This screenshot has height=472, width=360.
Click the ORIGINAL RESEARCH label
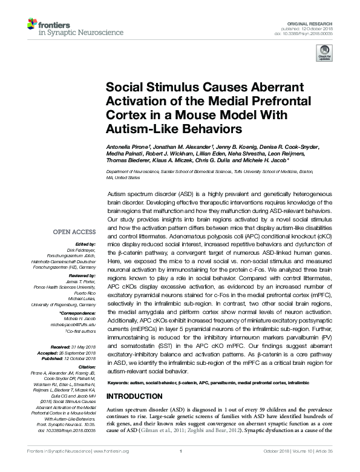coord(314,22)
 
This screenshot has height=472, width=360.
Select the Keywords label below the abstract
coord(120,382)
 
